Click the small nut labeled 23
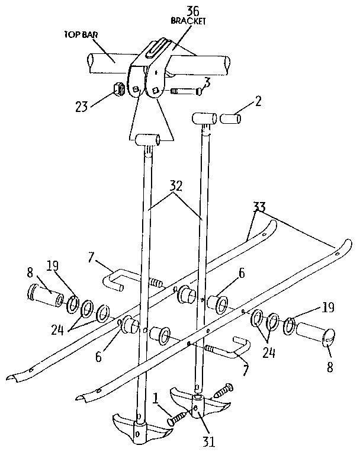pyautogui.click(x=118, y=90)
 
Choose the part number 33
pyautogui.click(x=259, y=207)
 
